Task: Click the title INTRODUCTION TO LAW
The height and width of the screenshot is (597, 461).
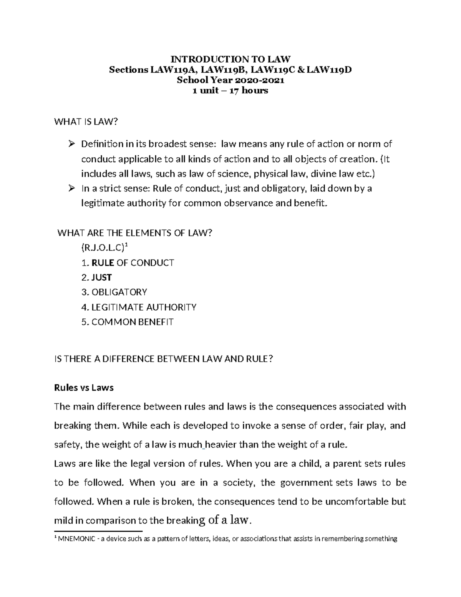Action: click(230, 59)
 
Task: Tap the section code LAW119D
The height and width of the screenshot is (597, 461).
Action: click(330, 70)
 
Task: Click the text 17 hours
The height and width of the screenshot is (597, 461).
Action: click(250, 91)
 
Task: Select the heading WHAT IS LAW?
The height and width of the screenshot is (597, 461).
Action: click(86, 122)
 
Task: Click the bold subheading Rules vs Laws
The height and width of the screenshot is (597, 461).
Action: click(84, 387)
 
